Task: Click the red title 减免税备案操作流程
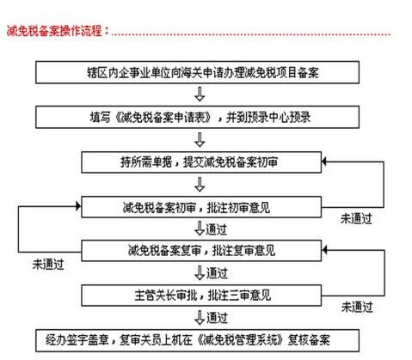pyautogui.click(x=55, y=31)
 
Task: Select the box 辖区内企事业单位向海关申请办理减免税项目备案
pyautogui.click(x=197, y=72)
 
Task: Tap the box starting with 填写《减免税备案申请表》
pyautogui.click(x=197, y=117)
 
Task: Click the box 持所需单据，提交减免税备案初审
pyautogui.click(x=201, y=162)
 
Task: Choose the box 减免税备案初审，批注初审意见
pyautogui.click(x=201, y=207)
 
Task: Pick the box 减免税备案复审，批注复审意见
pyautogui.click(x=201, y=251)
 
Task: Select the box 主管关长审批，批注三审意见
pyautogui.click(x=201, y=296)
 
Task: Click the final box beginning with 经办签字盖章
pyautogui.click(x=197, y=340)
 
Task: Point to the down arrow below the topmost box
pyautogui.click(x=200, y=95)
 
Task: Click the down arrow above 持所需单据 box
pyautogui.click(x=200, y=140)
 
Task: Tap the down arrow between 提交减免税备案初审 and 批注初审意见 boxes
pyautogui.click(x=200, y=185)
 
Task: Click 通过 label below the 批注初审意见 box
pyautogui.click(x=216, y=229)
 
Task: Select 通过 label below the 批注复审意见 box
pyautogui.click(x=217, y=273)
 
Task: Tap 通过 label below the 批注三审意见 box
pyautogui.click(x=217, y=318)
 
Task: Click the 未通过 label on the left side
pyautogui.click(x=48, y=265)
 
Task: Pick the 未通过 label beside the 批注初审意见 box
pyautogui.click(x=356, y=219)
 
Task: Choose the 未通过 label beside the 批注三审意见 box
pyautogui.click(x=357, y=308)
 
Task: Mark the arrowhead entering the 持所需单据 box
pyautogui.click(x=324, y=162)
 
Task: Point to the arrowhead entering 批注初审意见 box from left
pyautogui.click(x=78, y=206)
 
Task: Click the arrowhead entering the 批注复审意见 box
pyautogui.click(x=324, y=250)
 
